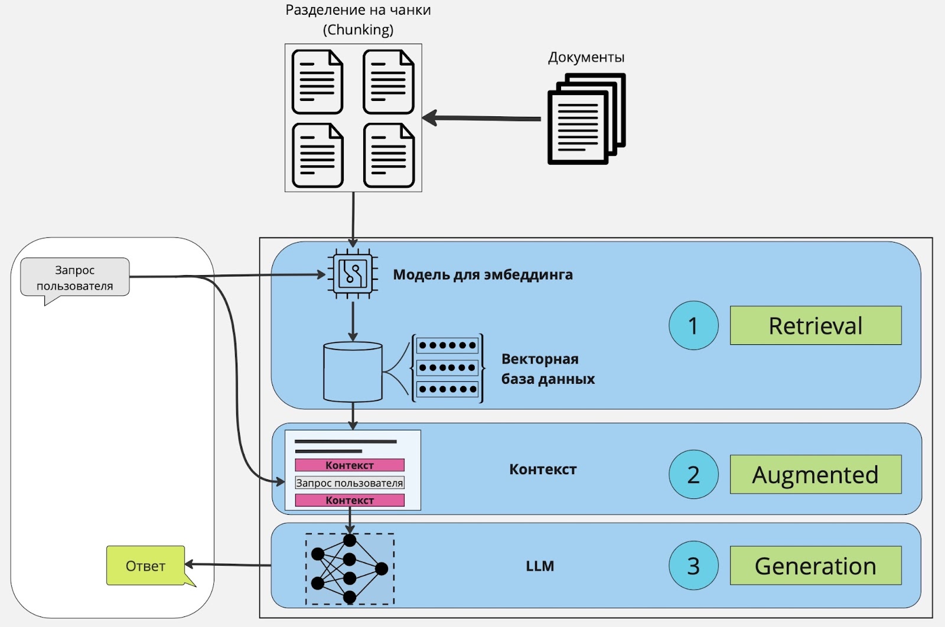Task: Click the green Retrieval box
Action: point(815,325)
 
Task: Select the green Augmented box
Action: point(815,474)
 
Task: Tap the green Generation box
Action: point(815,566)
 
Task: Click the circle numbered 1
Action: point(693,325)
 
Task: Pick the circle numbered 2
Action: point(693,475)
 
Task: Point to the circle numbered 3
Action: point(693,566)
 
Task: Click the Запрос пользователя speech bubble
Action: point(75,277)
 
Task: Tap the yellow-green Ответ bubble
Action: point(145,566)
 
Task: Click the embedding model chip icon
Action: point(353,274)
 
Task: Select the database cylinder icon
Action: point(353,372)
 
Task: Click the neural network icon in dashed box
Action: point(350,569)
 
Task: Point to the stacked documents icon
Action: point(586,119)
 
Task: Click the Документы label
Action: point(586,57)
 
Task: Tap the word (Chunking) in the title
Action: point(358,30)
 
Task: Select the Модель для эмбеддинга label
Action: point(483,275)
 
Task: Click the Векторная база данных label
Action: point(548,369)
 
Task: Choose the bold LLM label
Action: point(540,566)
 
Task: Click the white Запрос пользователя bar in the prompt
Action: point(350,483)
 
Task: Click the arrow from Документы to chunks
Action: point(481,118)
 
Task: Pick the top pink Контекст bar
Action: point(350,465)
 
